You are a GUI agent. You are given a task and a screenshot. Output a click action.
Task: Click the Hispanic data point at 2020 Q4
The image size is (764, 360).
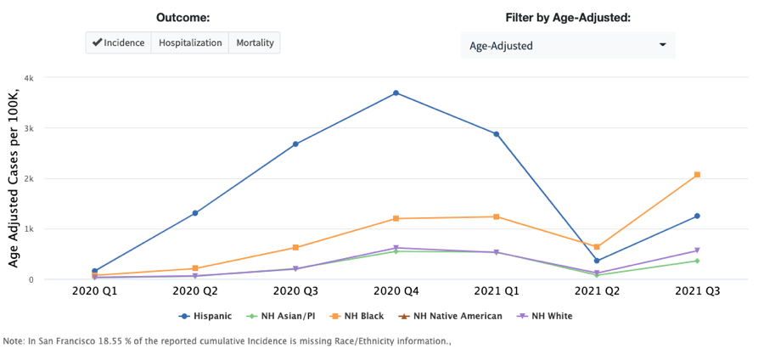(x=396, y=93)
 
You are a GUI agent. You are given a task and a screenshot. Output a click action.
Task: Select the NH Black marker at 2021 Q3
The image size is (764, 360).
(x=697, y=175)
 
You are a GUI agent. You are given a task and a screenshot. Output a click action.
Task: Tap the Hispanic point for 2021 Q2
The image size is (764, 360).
(x=597, y=261)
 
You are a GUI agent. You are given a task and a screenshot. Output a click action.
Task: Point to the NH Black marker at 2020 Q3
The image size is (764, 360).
(x=295, y=248)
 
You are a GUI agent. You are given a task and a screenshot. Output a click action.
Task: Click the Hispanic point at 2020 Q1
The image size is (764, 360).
(x=94, y=271)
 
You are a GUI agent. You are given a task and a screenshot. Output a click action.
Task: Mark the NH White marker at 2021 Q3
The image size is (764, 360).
(x=697, y=250)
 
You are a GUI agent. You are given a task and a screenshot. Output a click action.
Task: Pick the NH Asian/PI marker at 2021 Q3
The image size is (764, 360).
(x=697, y=261)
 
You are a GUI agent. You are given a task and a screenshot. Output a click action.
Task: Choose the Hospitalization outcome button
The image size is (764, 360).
(x=189, y=42)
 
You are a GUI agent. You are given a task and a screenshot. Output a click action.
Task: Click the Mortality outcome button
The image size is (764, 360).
(x=254, y=42)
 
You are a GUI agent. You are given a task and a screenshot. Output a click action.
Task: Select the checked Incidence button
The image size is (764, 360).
(x=119, y=42)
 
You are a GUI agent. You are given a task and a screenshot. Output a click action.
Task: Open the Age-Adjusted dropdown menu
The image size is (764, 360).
(x=567, y=45)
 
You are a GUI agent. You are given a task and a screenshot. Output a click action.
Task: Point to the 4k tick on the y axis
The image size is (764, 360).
(x=28, y=78)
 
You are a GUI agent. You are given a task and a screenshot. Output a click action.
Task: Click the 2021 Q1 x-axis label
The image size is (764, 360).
(x=496, y=291)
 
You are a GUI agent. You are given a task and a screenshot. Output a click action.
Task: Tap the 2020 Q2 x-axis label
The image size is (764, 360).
(x=194, y=291)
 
